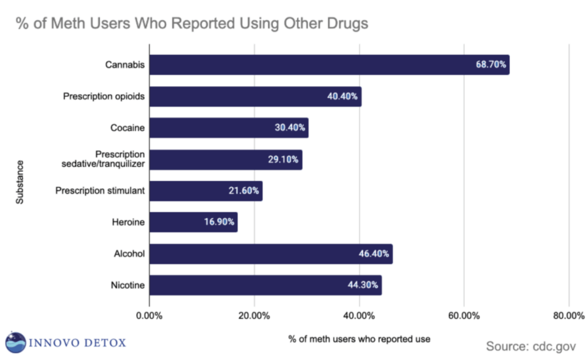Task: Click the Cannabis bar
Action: point(329,65)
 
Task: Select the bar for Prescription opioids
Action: point(255,96)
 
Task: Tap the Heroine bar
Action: point(193,222)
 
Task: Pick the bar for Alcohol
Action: point(271,254)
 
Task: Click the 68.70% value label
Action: point(491,65)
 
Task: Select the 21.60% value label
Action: point(244,191)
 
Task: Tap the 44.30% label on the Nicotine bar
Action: point(363,285)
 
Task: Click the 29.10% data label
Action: point(283,160)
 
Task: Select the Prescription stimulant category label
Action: point(100,191)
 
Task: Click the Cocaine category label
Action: point(128,128)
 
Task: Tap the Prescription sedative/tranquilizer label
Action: point(104,159)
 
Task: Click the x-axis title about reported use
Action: point(359,339)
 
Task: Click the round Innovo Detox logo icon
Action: point(15,342)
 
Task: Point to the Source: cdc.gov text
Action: point(532,346)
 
